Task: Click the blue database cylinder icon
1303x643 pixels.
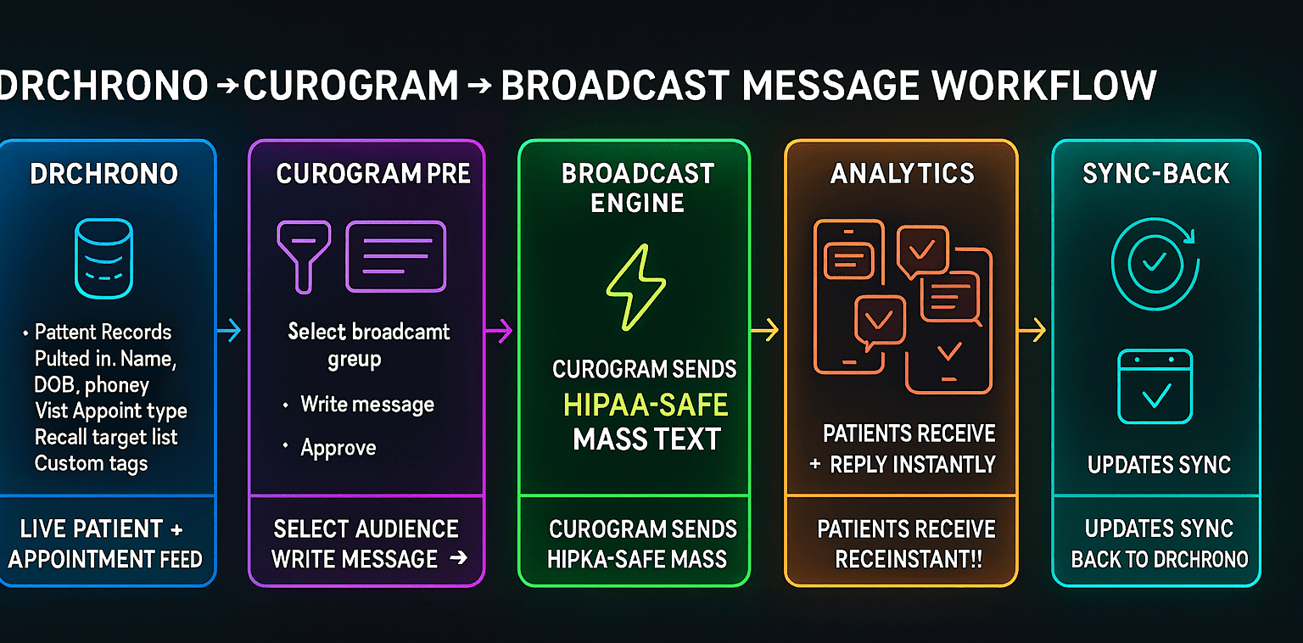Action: click(x=103, y=259)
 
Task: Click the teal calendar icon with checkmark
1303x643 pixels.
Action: click(x=1155, y=387)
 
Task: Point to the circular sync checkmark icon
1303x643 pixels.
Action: click(x=1155, y=263)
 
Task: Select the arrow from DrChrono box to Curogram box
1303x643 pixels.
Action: click(x=229, y=331)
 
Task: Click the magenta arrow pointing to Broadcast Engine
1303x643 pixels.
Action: click(x=500, y=331)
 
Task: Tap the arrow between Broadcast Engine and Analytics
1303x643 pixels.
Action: click(x=765, y=331)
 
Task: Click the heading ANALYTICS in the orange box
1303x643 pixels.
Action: click(x=903, y=174)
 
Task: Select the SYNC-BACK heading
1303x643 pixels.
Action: click(x=1156, y=174)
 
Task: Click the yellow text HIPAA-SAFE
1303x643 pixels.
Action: click(x=646, y=405)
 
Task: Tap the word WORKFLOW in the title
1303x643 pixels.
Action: click(x=1043, y=86)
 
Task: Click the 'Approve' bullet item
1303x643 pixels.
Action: click(x=338, y=448)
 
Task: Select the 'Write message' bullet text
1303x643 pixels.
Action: click(x=366, y=405)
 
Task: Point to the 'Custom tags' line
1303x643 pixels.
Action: click(x=91, y=463)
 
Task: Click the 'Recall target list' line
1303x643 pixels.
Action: click(x=106, y=438)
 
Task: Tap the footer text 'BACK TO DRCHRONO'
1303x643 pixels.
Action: click(x=1159, y=560)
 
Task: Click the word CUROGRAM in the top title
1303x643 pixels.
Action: click(x=351, y=86)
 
